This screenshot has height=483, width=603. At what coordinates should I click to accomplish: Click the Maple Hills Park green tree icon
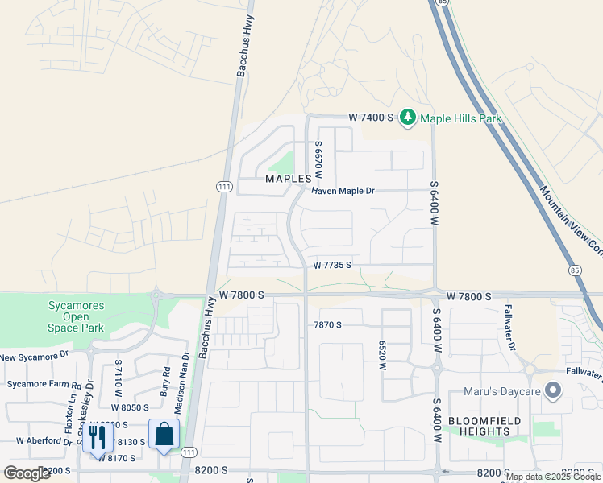(x=409, y=118)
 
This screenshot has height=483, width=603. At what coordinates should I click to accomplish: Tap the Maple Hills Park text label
(x=460, y=118)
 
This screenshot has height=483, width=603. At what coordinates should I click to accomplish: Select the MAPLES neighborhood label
(x=289, y=178)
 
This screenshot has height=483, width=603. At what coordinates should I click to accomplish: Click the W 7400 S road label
(x=371, y=118)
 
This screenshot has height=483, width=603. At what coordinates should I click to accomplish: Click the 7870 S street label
(x=328, y=324)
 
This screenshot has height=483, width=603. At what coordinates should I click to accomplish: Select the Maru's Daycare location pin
(x=553, y=391)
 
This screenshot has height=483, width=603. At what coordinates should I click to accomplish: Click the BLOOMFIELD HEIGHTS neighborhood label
(x=484, y=426)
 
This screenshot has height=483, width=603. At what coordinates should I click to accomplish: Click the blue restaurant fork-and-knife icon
(x=98, y=437)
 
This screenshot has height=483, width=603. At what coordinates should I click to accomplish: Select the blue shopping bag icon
(x=164, y=435)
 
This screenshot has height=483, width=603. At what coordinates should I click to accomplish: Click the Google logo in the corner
(x=27, y=473)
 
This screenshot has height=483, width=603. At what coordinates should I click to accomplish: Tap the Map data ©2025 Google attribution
(x=553, y=477)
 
